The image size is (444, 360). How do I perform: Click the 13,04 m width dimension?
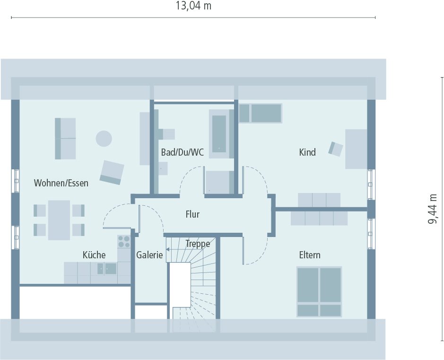(x=193, y=6)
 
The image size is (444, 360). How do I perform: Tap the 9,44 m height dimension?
(x=433, y=209)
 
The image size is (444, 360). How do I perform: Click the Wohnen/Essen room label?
(x=61, y=183)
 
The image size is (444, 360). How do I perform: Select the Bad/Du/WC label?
(x=182, y=152)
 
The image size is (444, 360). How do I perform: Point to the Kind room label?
(x=307, y=152)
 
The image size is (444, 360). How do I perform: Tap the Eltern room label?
(x=310, y=255)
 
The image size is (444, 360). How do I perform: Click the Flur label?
(x=192, y=214)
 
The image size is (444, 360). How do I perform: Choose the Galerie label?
(x=149, y=255)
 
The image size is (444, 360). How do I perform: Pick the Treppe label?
(x=198, y=244)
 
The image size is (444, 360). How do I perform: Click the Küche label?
(x=94, y=255)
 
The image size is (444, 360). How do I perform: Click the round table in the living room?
(x=104, y=139)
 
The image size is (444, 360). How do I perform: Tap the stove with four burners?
(x=124, y=242)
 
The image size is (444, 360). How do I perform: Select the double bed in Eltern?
(x=319, y=291)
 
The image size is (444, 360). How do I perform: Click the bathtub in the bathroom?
(x=219, y=133)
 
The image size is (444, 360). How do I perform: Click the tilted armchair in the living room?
(x=112, y=172)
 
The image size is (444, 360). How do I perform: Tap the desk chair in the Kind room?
(x=336, y=149)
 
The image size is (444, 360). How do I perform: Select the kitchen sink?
(x=107, y=269)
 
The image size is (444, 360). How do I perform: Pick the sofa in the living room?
(x=65, y=139)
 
